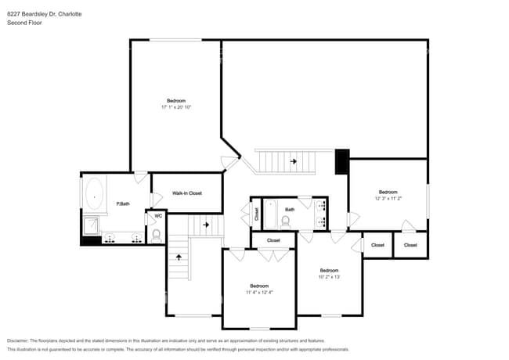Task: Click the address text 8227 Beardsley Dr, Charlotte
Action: click(44, 14)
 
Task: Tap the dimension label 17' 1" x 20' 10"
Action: click(176, 107)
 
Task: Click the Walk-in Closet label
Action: click(187, 193)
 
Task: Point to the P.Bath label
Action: click(122, 203)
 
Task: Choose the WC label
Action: click(157, 216)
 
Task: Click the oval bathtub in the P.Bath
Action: click(95, 193)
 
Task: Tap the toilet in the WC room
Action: click(157, 234)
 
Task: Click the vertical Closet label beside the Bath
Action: click(256, 212)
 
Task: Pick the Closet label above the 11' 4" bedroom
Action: click(273, 240)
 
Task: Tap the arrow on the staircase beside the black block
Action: click(294, 161)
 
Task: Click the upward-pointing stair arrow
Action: click(179, 256)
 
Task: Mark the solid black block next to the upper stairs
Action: click(341, 162)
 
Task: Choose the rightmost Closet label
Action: click(410, 245)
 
